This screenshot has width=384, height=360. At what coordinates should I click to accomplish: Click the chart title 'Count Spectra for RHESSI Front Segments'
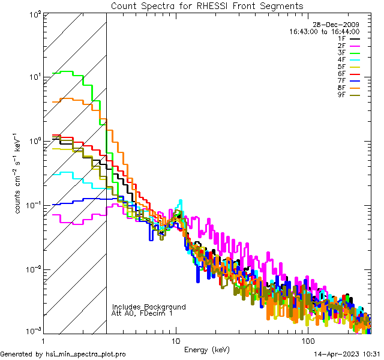click(207, 6)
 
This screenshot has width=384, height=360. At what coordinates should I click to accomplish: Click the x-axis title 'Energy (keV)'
click(207, 349)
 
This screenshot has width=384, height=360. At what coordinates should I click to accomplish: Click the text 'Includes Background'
click(149, 307)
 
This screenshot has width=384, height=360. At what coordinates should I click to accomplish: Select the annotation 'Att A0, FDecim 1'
click(142, 314)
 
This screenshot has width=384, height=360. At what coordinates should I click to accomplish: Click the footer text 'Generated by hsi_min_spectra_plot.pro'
click(63, 355)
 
